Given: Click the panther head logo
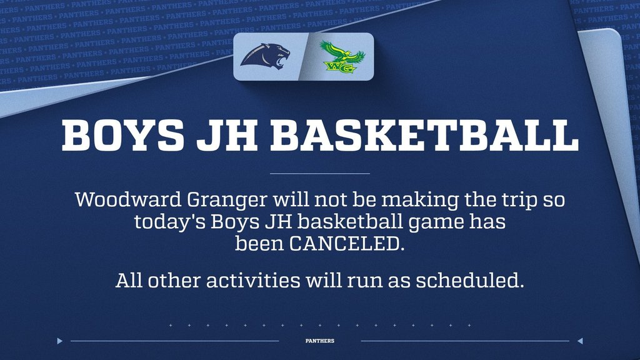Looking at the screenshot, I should click(x=266, y=56).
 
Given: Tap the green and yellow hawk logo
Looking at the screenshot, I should click(x=341, y=57).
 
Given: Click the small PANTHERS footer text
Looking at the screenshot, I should click(x=320, y=341).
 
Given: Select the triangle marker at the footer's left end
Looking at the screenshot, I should click(x=59, y=341).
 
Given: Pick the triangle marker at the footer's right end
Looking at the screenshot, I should click(x=580, y=341).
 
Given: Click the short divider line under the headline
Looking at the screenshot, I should click(x=320, y=173).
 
